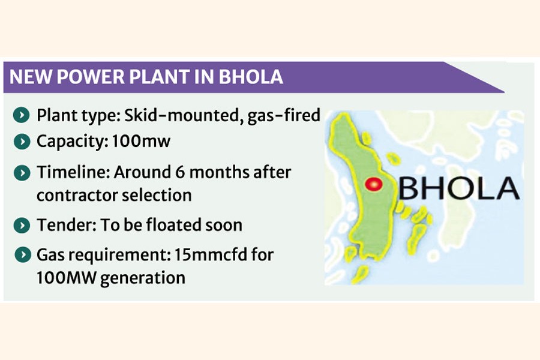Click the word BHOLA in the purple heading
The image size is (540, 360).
251,77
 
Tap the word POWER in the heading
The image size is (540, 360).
91,77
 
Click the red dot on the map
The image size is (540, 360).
374,184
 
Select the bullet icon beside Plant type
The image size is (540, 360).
22,115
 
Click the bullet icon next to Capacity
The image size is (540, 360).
22,141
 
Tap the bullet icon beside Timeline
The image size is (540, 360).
22,173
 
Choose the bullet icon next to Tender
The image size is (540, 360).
22,226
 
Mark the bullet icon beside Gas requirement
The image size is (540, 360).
23,255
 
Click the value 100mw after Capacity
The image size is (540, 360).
141,141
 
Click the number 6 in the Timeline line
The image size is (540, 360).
180,172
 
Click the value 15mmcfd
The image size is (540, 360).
211,255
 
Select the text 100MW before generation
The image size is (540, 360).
66,278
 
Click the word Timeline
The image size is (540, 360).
73,172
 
